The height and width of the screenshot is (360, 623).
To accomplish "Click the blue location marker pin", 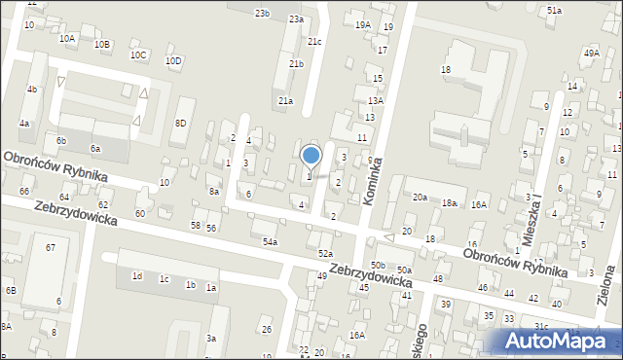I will point(311,157).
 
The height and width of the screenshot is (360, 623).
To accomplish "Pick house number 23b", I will point(262,13).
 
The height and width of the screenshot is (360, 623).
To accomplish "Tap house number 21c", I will point(314,42).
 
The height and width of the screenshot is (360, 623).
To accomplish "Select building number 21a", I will point(285,100).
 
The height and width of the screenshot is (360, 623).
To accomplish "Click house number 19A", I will point(362,24).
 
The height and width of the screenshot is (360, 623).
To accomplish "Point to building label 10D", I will point(172,60).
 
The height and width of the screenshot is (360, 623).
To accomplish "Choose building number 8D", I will point(180,123).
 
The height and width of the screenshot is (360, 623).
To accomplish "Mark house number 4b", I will point(32,90).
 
